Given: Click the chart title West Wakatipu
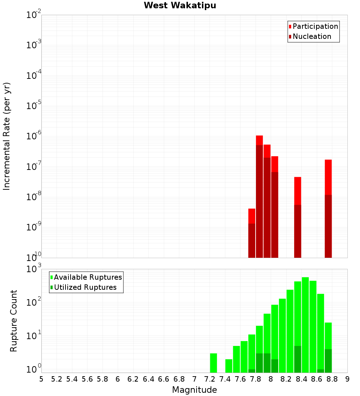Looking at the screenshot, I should (180, 6).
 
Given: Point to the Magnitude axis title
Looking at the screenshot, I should (194, 390).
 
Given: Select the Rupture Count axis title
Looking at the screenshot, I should (14, 321).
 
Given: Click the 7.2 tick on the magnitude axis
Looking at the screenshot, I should (210, 379).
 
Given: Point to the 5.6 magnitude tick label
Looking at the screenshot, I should (87, 379).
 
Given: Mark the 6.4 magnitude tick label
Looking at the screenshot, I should (148, 379).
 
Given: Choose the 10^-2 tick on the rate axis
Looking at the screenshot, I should (35, 15).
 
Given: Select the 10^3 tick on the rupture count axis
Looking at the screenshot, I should (35, 269).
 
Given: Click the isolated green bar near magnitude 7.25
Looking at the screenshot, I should (213, 363).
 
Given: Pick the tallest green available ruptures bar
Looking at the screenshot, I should (305, 324).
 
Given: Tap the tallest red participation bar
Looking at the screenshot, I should (259, 196).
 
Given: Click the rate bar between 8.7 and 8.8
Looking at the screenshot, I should (328, 209).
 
